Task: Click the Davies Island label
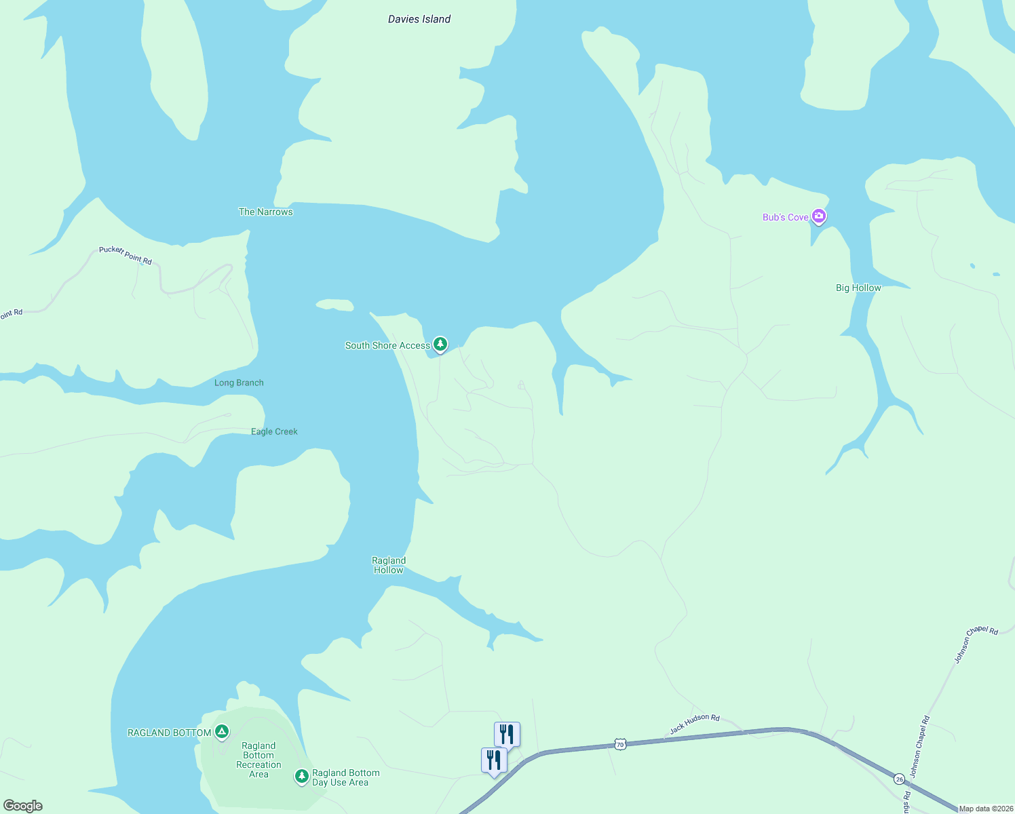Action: [x=419, y=19]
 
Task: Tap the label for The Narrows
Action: [x=265, y=212]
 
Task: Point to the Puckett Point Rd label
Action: [x=126, y=255]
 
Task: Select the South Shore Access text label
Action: [x=387, y=345]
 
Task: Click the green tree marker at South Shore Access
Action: [x=440, y=344]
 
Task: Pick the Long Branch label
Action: [x=239, y=383]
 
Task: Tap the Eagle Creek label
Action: [x=274, y=431]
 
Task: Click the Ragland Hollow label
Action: [x=389, y=565]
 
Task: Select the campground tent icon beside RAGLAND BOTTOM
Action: [x=222, y=731]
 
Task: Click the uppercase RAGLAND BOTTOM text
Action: [x=169, y=733]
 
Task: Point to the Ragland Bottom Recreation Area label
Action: [x=258, y=760]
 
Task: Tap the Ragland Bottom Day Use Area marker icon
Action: [x=302, y=775]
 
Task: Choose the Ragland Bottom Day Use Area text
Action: [x=345, y=777]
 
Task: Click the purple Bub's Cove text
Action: [x=785, y=217]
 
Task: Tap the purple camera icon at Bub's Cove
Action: [x=819, y=216]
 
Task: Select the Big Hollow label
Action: [x=858, y=288]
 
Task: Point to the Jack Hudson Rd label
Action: [x=694, y=724]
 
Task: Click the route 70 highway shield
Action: [x=620, y=744]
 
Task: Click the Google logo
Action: [x=23, y=806]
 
